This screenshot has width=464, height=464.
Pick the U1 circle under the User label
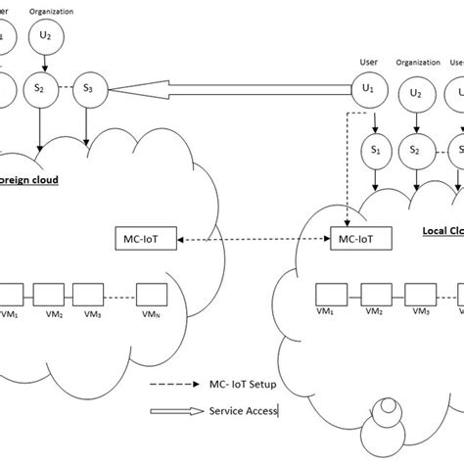point(367,91)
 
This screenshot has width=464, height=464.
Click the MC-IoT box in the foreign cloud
point(143,239)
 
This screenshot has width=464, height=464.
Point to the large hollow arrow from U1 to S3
point(225,91)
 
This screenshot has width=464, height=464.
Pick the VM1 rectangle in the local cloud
point(329,293)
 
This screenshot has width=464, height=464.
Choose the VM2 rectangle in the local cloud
point(374,293)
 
